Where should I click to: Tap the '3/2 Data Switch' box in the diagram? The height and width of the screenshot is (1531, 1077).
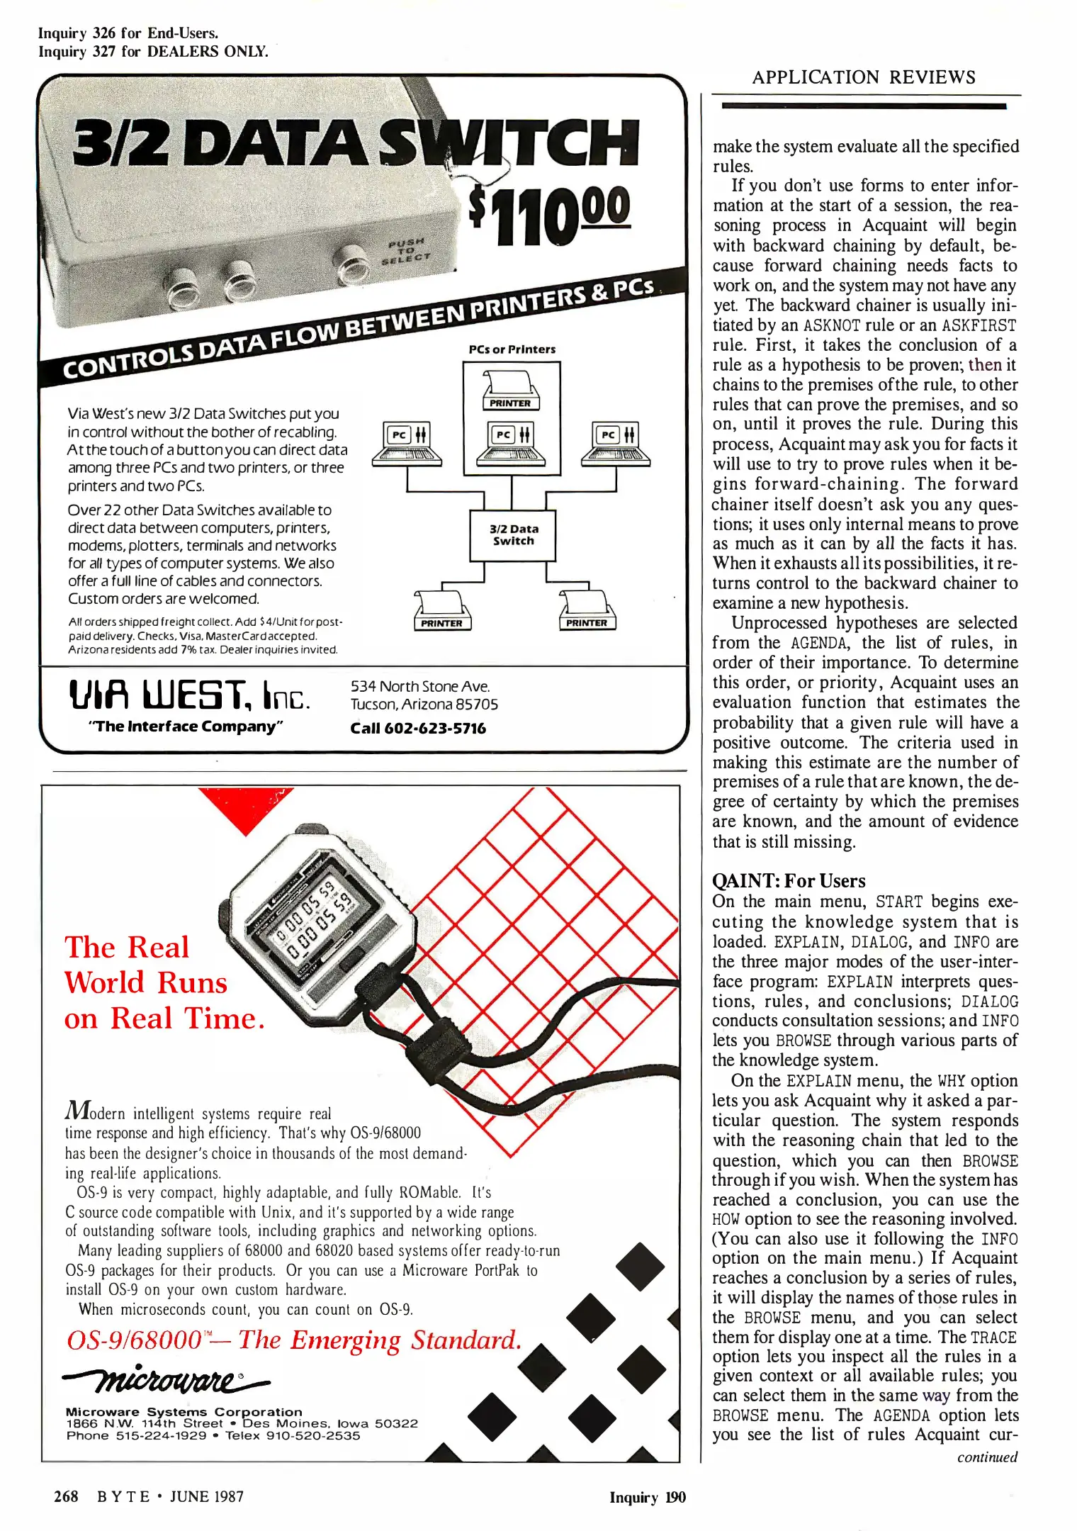[513, 535]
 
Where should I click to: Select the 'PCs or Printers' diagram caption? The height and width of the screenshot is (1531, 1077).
[512, 349]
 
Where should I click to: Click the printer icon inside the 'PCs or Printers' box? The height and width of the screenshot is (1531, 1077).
[510, 389]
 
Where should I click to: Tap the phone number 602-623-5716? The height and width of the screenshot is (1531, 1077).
[418, 729]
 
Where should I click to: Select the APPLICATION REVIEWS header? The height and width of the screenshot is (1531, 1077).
[864, 77]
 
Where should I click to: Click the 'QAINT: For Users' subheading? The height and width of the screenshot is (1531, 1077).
[789, 881]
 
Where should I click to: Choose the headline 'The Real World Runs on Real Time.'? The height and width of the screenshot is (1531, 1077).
[164, 983]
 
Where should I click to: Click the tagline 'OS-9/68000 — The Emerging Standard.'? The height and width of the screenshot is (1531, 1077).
[293, 1340]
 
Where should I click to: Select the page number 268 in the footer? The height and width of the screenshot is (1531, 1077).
[66, 1497]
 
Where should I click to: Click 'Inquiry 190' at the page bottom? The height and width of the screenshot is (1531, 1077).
[647, 1498]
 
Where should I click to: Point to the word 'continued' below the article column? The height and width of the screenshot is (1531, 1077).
[987, 1457]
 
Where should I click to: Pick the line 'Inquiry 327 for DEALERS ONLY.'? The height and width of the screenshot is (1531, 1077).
[153, 52]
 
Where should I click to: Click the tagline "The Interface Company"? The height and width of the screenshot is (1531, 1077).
[185, 727]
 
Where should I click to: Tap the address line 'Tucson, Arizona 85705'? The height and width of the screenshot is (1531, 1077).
[424, 705]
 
